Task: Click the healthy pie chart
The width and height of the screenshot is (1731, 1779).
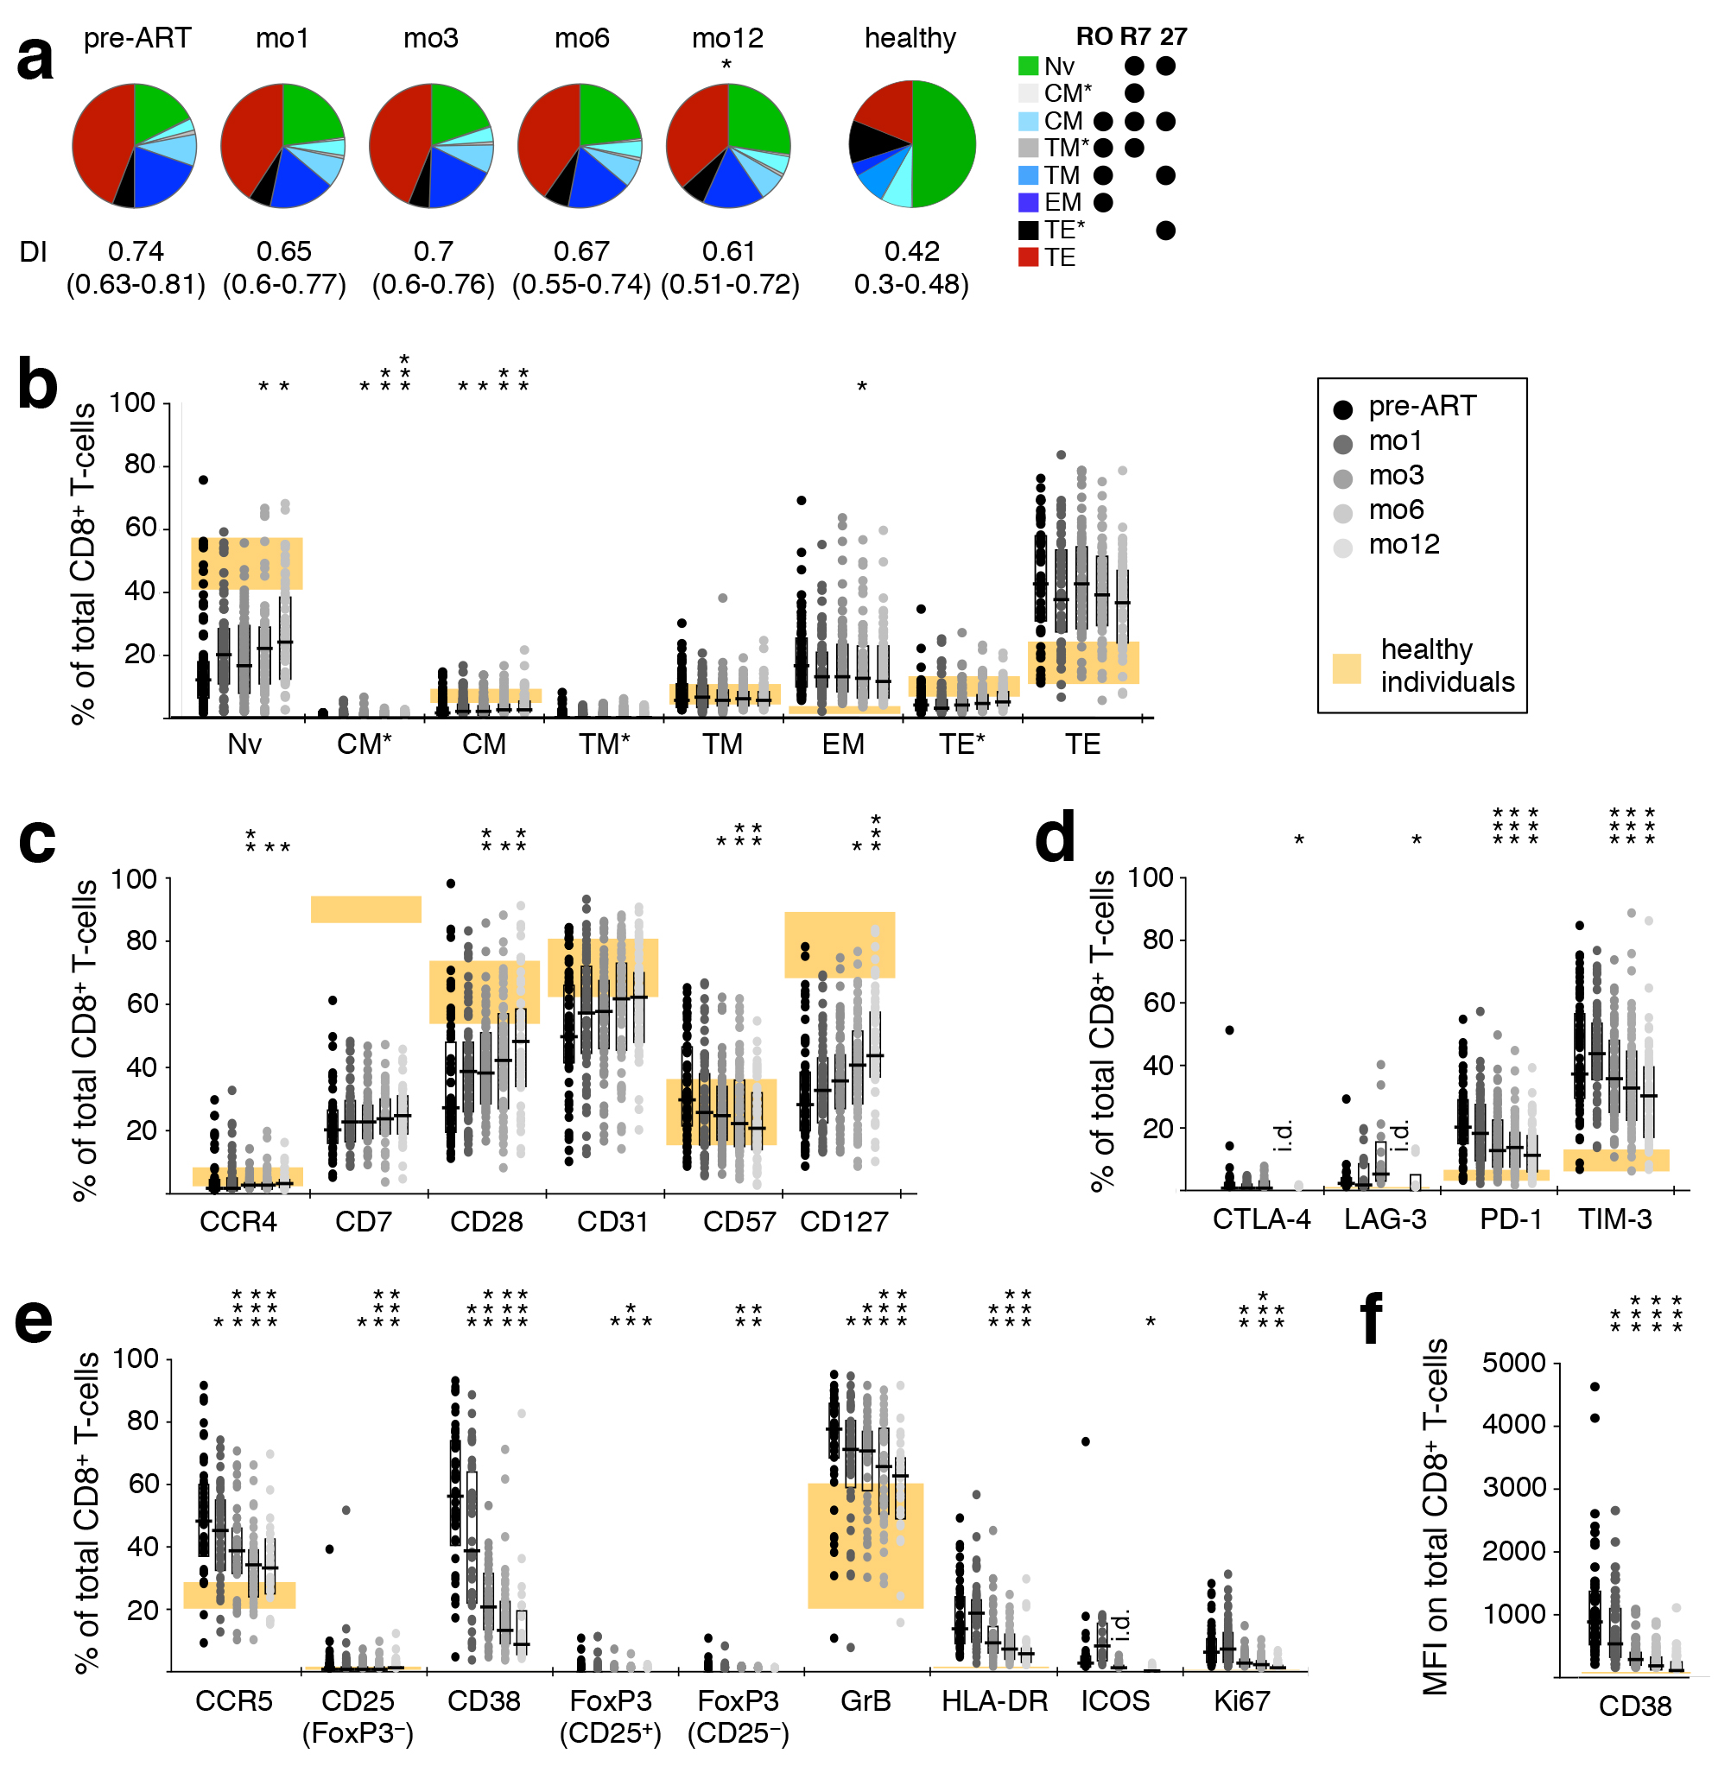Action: click(912, 143)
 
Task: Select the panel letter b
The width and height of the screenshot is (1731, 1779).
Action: click(37, 384)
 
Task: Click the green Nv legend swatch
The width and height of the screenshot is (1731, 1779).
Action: click(1028, 66)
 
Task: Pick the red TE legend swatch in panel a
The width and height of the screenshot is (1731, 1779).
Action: click(1028, 257)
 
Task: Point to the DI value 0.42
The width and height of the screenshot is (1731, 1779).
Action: click(912, 251)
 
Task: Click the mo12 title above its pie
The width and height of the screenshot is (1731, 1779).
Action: click(727, 38)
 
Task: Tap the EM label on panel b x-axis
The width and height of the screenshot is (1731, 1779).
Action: click(843, 744)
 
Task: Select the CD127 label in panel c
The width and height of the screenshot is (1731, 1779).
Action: click(844, 1222)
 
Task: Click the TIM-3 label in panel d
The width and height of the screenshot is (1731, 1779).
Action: click(1614, 1219)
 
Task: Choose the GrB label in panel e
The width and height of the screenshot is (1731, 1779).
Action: click(865, 1700)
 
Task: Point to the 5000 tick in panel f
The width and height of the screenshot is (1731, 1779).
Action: click(1513, 1363)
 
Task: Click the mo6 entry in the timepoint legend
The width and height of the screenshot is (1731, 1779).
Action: click(1397, 510)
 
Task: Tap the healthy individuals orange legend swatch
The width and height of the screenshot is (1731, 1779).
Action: click(1347, 668)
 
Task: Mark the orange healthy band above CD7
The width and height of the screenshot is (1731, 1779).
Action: click(366, 909)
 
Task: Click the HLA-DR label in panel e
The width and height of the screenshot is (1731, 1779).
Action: click(994, 1700)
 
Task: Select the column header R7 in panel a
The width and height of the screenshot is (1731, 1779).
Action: click(1135, 36)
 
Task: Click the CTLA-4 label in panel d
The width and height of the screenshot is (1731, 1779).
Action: click(1262, 1219)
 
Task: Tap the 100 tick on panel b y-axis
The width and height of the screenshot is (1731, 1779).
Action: click(133, 402)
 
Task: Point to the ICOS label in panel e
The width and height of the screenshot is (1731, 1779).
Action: click(1114, 1700)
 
